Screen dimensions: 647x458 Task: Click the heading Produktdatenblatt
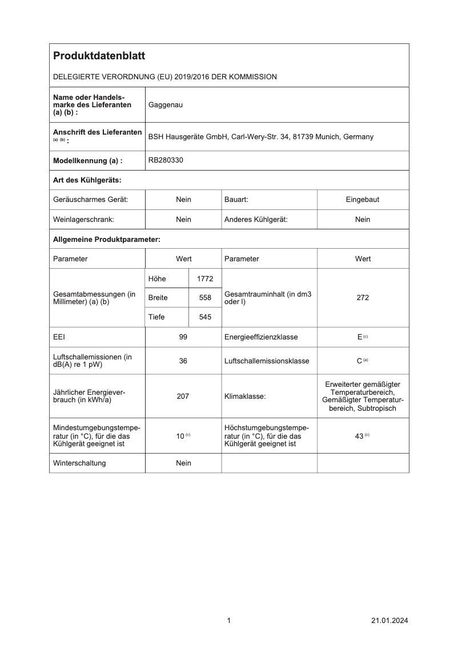point(99,56)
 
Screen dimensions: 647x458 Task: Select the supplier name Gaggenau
point(166,105)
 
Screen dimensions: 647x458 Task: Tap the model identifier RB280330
point(166,160)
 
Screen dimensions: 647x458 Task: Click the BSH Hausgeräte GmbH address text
point(260,137)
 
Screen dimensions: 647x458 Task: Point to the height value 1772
point(204,278)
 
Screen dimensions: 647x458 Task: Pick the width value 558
point(204,298)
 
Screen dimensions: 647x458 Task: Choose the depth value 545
point(204,317)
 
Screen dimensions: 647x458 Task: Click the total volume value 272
point(363,298)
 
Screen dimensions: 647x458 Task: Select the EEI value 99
point(183,337)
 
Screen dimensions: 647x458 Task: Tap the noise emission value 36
point(183,361)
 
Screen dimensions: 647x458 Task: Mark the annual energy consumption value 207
point(183,396)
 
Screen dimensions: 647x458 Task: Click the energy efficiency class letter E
point(360,337)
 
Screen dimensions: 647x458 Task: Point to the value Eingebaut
point(363,200)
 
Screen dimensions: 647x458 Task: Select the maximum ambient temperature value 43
point(359,436)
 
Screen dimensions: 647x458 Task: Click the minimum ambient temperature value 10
point(180,436)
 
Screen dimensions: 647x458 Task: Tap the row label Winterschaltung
point(79,463)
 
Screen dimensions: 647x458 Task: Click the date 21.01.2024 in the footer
point(389,621)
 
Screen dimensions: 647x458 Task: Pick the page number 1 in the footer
point(228,621)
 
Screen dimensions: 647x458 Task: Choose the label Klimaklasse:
point(244,396)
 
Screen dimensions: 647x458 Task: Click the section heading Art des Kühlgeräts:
point(87,180)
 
